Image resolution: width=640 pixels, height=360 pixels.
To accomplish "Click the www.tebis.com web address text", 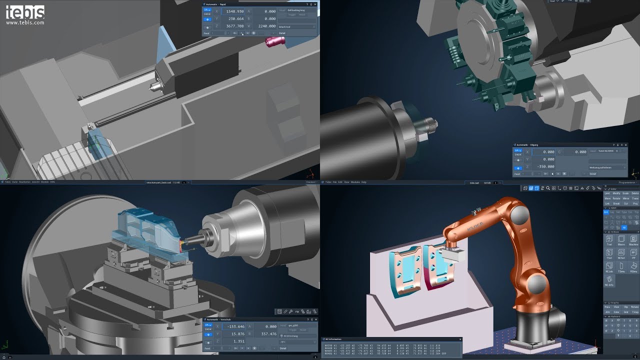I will coord(25,22).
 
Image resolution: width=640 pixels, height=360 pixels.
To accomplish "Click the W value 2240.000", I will coord(265,26).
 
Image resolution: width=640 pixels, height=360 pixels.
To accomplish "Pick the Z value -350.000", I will coord(543,166).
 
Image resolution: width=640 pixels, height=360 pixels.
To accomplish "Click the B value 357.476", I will coord(265,333).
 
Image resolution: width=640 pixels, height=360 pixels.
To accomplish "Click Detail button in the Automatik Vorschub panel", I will coord(282,348).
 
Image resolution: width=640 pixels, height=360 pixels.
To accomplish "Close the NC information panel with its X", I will coord(460,339).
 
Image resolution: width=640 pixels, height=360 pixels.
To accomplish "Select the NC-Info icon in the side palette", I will coord(609,281).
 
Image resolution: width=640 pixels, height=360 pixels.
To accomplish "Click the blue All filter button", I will coord(624,227).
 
